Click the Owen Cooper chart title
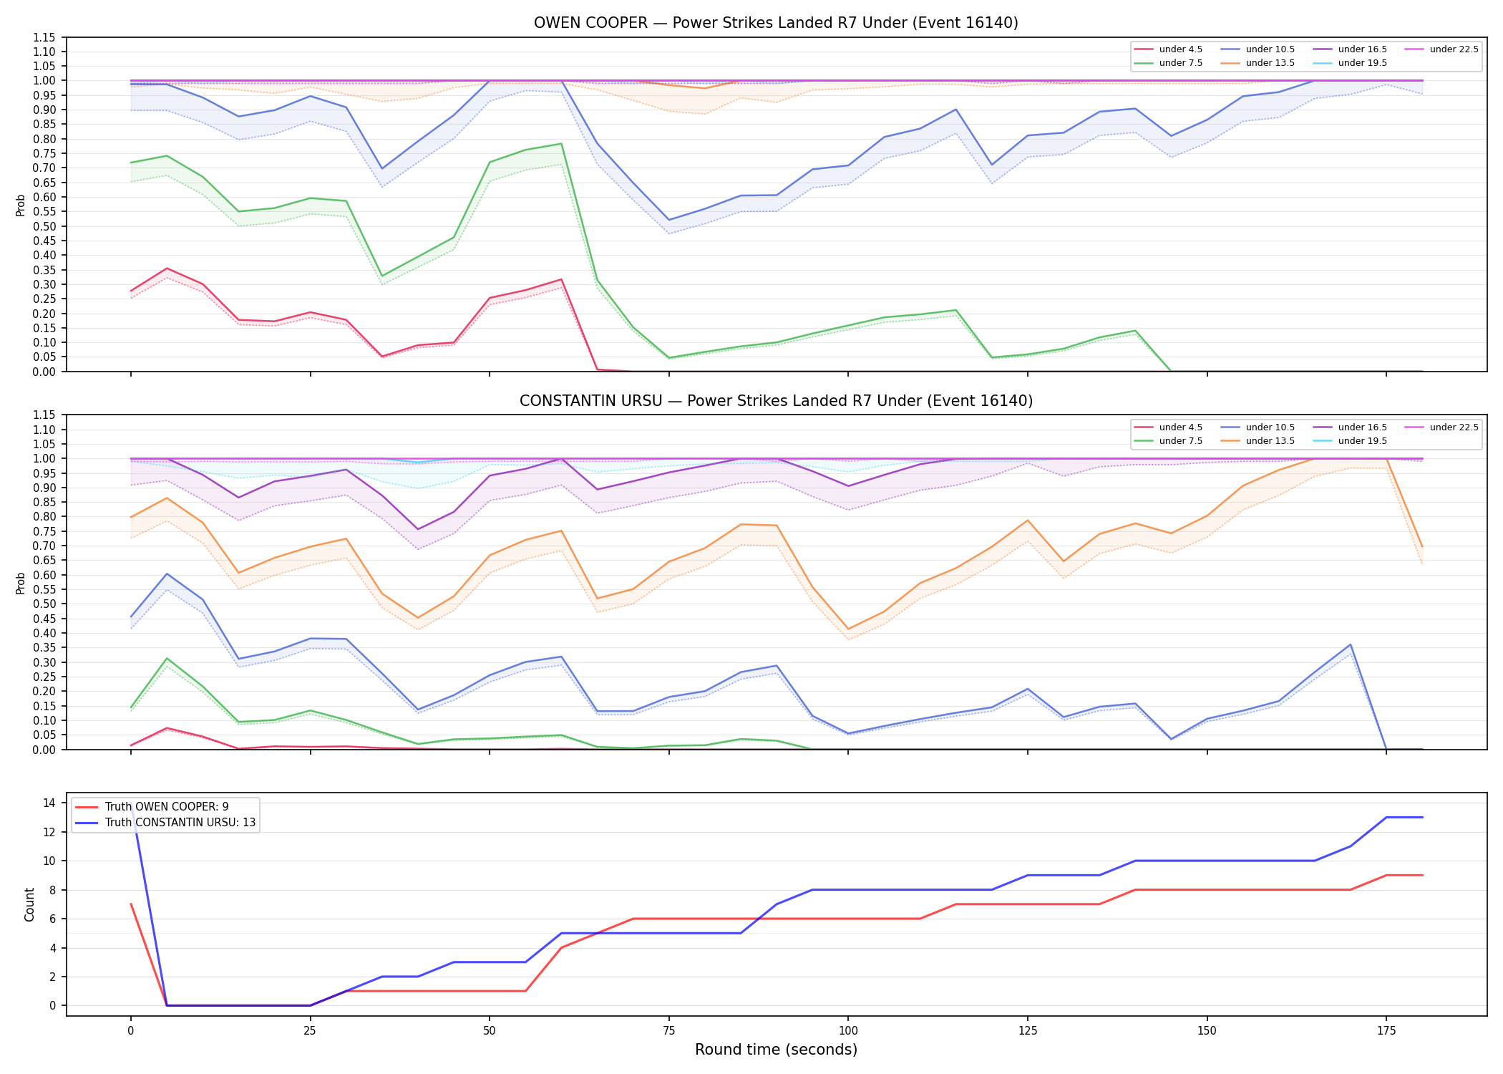776,23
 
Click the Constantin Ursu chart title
776,401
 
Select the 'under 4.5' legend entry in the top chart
1169,49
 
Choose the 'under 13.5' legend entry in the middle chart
1258,441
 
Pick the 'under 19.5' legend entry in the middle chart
1351,441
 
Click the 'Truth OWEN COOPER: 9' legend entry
152,807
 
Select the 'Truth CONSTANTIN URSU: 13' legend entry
165,823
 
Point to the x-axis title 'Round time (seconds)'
776,1050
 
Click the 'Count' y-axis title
29,904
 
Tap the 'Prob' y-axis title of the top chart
21,205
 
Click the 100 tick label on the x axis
848,1031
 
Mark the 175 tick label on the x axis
1386,1031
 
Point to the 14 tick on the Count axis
50,803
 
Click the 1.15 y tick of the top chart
44,37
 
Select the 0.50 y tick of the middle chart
44,604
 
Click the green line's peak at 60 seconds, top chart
562,143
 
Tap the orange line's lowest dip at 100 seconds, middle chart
848,629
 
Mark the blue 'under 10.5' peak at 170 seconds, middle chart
1351,644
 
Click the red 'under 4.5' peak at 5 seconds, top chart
167,268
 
